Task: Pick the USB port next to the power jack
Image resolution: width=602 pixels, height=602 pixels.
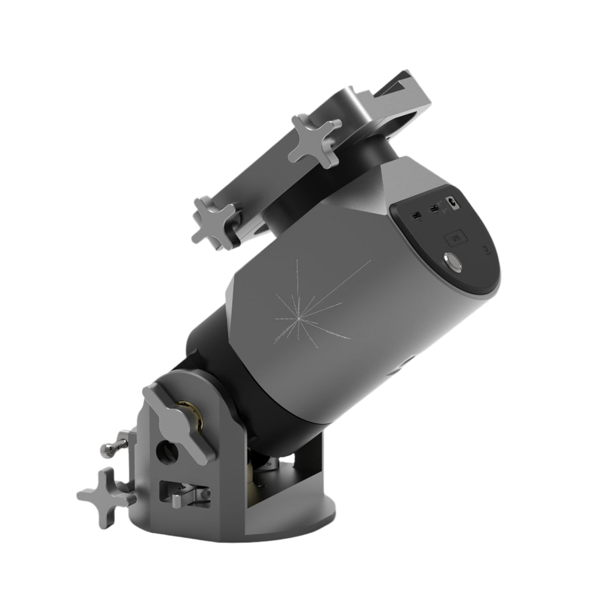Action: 434,210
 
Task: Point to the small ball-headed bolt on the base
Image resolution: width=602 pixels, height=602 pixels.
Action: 110,449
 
